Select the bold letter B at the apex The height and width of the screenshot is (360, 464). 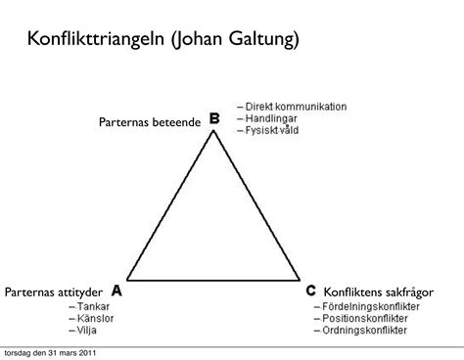[x=213, y=118]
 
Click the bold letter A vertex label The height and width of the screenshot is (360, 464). [x=116, y=291]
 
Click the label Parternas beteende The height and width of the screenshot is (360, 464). [x=149, y=121]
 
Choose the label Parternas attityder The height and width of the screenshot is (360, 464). [x=54, y=292]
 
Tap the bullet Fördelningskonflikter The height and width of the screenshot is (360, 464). [x=371, y=305]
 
